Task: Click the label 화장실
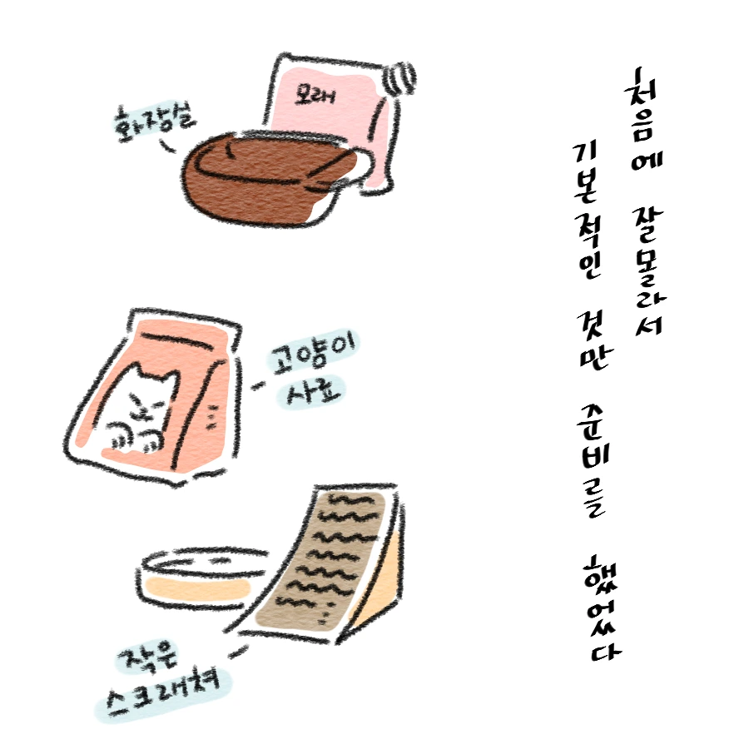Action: pyautogui.click(x=153, y=122)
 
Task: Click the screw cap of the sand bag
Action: pyautogui.click(x=401, y=78)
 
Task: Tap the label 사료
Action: pyautogui.click(x=311, y=392)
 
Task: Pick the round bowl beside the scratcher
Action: pyautogui.click(x=203, y=579)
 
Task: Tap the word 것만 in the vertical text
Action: pyautogui.click(x=593, y=340)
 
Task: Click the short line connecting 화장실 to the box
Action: pyautogui.click(x=167, y=146)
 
